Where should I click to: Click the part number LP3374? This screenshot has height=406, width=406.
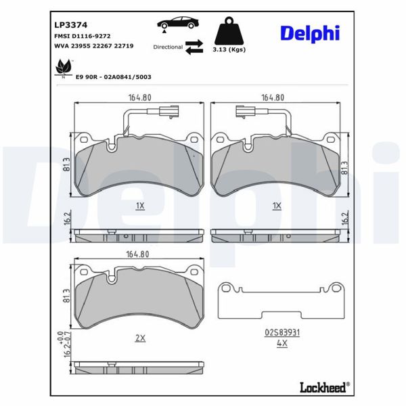coord(68,24)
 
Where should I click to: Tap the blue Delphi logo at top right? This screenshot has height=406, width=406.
coord(311,32)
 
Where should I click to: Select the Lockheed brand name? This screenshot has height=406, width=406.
coord(323,387)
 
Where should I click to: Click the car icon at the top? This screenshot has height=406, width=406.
coord(178,22)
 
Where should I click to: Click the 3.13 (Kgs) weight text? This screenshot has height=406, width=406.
coord(229,50)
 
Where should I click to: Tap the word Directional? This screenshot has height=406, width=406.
coord(168,47)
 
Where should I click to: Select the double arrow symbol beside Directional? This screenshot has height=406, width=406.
coord(194,46)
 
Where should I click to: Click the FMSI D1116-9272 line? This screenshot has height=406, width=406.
coord(82,35)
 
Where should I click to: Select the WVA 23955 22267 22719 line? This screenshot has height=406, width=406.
coord(93,46)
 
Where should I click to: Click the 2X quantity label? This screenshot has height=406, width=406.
coord(140,338)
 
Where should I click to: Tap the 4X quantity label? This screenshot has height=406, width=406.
coord(281,343)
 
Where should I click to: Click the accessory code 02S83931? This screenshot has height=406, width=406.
coord(281,332)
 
